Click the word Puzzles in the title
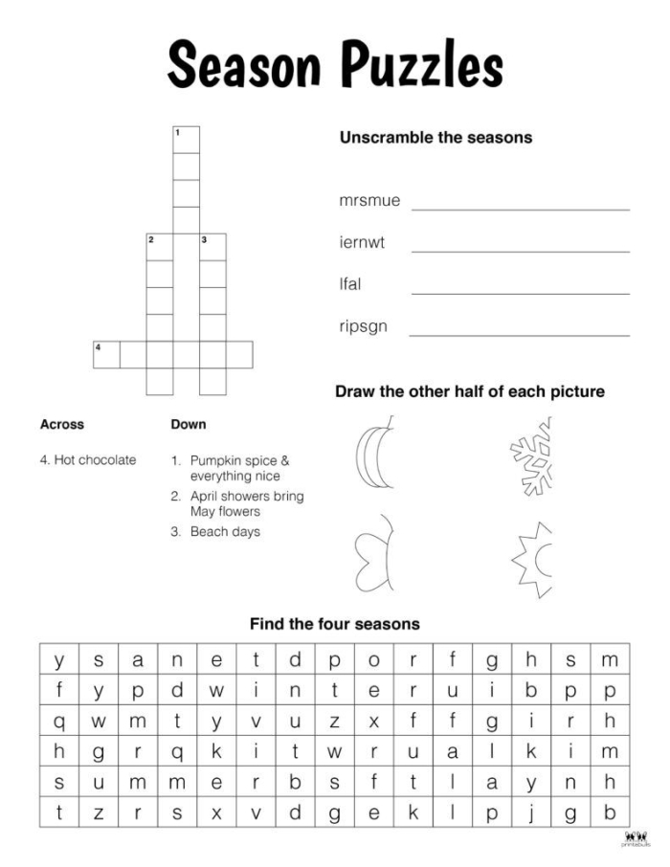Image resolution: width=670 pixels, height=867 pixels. (x=423, y=68)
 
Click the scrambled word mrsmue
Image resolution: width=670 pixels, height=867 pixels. (x=369, y=202)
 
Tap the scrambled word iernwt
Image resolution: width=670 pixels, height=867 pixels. (x=362, y=243)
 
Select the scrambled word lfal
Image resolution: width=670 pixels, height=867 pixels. (x=350, y=284)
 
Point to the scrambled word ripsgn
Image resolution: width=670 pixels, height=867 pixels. (x=364, y=325)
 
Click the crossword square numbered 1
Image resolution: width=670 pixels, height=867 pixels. (x=186, y=140)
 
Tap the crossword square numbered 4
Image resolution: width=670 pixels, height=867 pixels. (x=106, y=354)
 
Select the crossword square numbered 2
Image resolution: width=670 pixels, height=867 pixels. (x=159, y=247)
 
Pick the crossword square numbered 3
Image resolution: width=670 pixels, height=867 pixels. (x=212, y=247)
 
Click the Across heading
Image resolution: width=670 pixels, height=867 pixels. (x=62, y=424)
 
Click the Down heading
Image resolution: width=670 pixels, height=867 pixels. (x=188, y=424)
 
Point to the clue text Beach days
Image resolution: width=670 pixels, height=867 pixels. (x=225, y=532)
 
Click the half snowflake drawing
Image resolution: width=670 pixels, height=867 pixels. (x=532, y=457)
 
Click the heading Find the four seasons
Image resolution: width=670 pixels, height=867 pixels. (x=335, y=624)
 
